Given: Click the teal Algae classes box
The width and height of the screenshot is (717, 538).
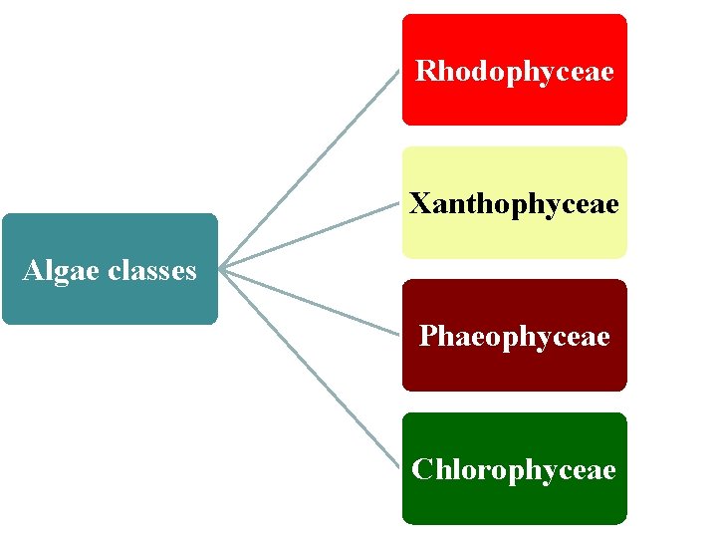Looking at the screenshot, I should pos(110,299).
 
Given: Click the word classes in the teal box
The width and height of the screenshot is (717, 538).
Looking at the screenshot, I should pos(148,270).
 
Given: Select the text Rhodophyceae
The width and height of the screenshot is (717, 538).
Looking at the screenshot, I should pos(514,72).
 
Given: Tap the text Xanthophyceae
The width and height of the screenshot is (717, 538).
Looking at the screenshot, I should pos(514,204).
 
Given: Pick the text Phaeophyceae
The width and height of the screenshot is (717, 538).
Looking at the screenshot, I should pos(514,337).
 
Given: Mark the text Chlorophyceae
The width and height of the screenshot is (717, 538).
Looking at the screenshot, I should pos(514,469).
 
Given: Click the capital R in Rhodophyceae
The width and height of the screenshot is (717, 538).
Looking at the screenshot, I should pos(425,72).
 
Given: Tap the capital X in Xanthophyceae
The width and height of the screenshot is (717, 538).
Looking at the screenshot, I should pos(419,204).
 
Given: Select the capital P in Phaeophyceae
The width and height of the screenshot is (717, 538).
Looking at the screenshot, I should pos(427,337).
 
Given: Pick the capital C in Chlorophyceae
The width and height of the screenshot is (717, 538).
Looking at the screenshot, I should pos(422,469).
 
